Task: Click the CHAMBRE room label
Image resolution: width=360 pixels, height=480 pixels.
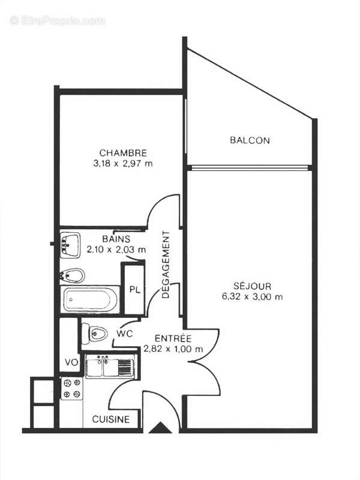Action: tap(123, 153)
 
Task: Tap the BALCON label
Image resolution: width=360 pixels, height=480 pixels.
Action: tap(250, 140)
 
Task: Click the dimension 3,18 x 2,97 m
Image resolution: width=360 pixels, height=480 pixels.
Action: tap(123, 163)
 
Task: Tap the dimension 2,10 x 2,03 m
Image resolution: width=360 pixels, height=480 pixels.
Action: tap(116, 249)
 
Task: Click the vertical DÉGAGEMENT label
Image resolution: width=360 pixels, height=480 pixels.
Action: tap(167, 265)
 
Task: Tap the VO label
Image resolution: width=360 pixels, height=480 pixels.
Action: tap(70, 363)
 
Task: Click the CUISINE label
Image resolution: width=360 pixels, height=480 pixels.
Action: tap(110, 420)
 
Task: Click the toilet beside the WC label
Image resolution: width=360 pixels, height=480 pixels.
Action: tap(95, 332)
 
